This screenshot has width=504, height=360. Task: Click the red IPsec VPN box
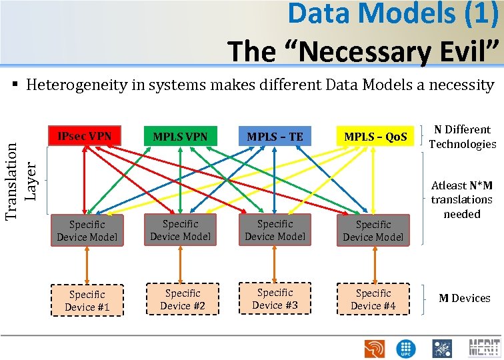pyautogui.click(x=85, y=137)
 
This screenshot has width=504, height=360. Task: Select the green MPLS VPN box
pyautogui.click(x=180, y=137)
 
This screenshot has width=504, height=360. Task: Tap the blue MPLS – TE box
pyautogui.click(x=275, y=137)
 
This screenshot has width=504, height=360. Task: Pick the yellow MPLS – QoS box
pyautogui.click(x=375, y=137)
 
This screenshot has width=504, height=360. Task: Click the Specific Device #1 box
pyautogui.click(x=87, y=301)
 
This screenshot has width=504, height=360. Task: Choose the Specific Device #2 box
pyautogui.click(x=182, y=299)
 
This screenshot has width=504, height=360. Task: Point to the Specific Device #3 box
pyautogui.click(x=275, y=299)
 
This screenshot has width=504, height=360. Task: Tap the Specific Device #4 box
pyautogui.click(x=373, y=299)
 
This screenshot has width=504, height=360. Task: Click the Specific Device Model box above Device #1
pyautogui.click(x=87, y=231)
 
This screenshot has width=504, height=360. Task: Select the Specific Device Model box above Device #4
pyautogui.click(x=373, y=231)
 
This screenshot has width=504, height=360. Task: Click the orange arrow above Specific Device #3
pyautogui.click(x=275, y=263)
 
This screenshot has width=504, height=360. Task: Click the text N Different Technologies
pyautogui.click(x=462, y=137)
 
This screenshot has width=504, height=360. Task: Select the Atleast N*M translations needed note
pyautogui.click(x=461, y=199)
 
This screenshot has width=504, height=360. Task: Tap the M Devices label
pyautogui.click(x=464, y=298)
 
